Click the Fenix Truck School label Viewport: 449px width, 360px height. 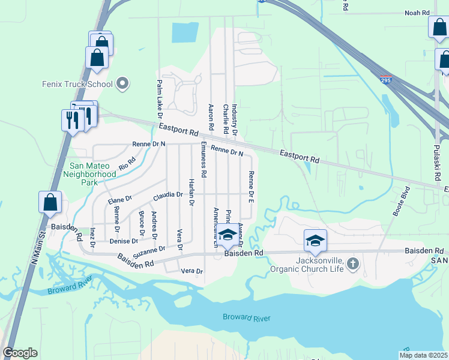click(x=77, y=83)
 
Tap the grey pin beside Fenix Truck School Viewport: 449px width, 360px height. click(x=123, y=83)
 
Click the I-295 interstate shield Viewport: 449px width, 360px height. click(x=387, y=79)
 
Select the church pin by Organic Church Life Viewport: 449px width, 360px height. click(x=354, y=263)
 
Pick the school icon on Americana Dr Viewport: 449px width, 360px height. click(x=228, y=235)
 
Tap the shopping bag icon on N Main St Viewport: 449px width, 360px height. click(x=50, y=203)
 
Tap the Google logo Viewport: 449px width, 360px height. click(x=20, y=353)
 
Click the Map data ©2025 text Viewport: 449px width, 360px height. click(x=423, y=355)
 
